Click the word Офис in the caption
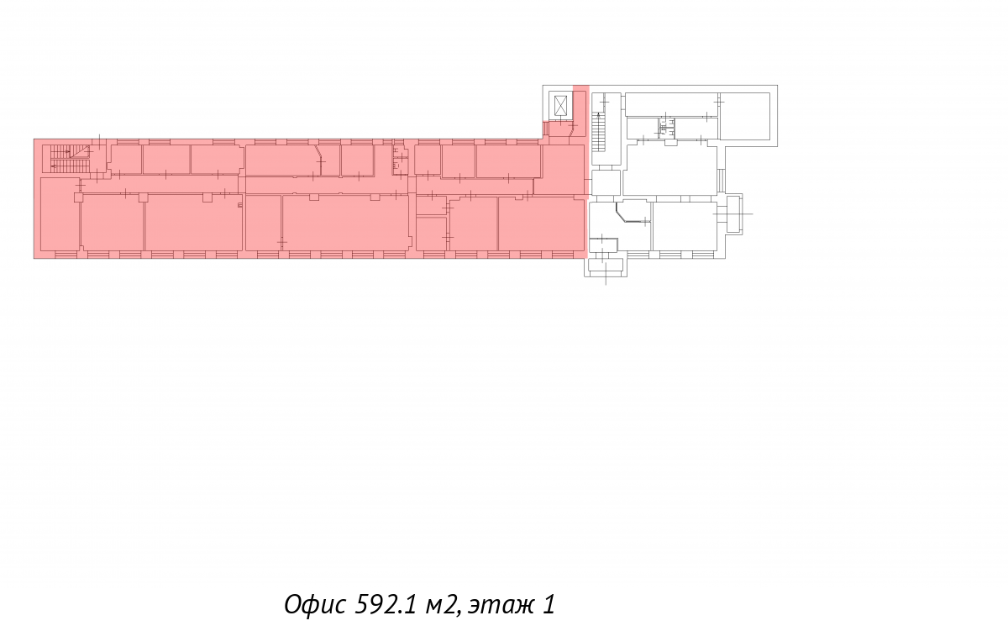(315, 604)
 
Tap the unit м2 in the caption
(443, 605)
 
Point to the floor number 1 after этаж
(549, 604)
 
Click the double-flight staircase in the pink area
(69, 158)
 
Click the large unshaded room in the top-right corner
(745, 116)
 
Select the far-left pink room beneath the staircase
(60, 214)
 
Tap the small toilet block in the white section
(666, 128)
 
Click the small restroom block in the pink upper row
(400, 160)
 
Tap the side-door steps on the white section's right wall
(722, 179)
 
